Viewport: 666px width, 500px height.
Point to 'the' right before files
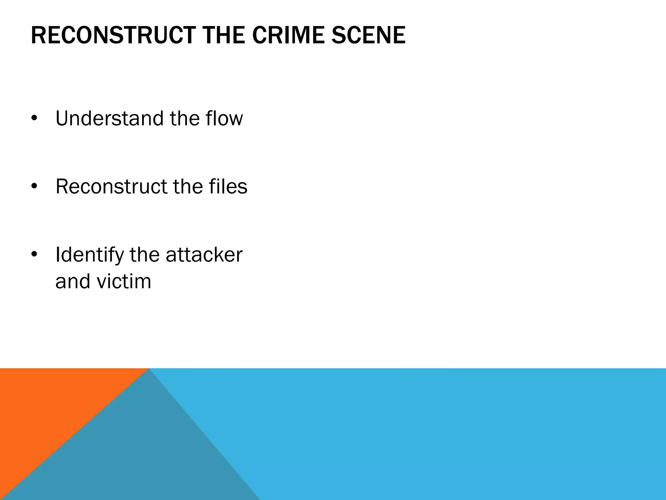click(x=187, y=187)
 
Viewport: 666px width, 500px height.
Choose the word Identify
click(x=90, y=255)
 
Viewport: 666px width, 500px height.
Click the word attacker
click(x=204, y=255)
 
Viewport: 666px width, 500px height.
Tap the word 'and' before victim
click(x=73, y=281)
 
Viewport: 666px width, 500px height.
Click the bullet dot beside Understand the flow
click(x=34, y=119)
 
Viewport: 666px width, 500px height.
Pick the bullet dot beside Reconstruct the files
click(x=34, y=187)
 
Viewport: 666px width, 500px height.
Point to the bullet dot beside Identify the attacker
click(x=34, y=255)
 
